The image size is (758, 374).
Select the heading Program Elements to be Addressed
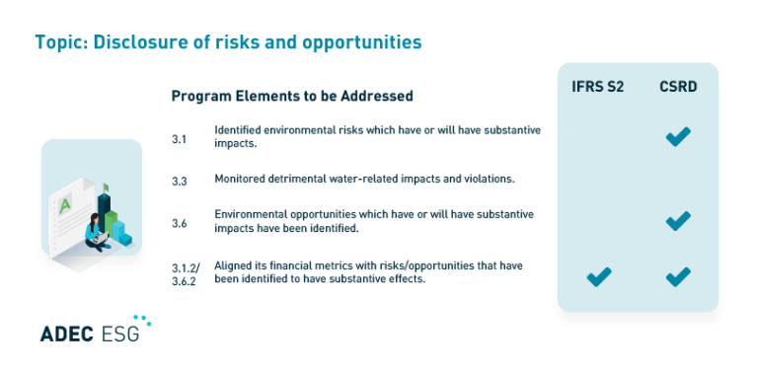pos(291,96)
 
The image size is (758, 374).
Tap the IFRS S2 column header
pos(597,87)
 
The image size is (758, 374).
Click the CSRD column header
pos(678,87)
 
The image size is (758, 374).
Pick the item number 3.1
pos(179,138)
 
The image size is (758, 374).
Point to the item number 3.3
pos(179,181)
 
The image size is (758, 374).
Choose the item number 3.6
pos(179,223)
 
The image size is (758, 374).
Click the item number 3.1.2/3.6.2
pos(185,273)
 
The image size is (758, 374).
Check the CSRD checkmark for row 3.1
pos(677,137)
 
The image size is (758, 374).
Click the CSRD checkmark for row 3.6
pos(677,221)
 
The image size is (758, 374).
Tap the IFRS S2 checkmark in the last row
pos(598,277)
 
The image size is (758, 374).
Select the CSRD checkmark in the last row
pos(677,277)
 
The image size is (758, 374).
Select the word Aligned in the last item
pos(231,265)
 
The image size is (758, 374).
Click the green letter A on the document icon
pos(65,205)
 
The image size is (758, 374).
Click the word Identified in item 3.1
pos(237,130)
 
